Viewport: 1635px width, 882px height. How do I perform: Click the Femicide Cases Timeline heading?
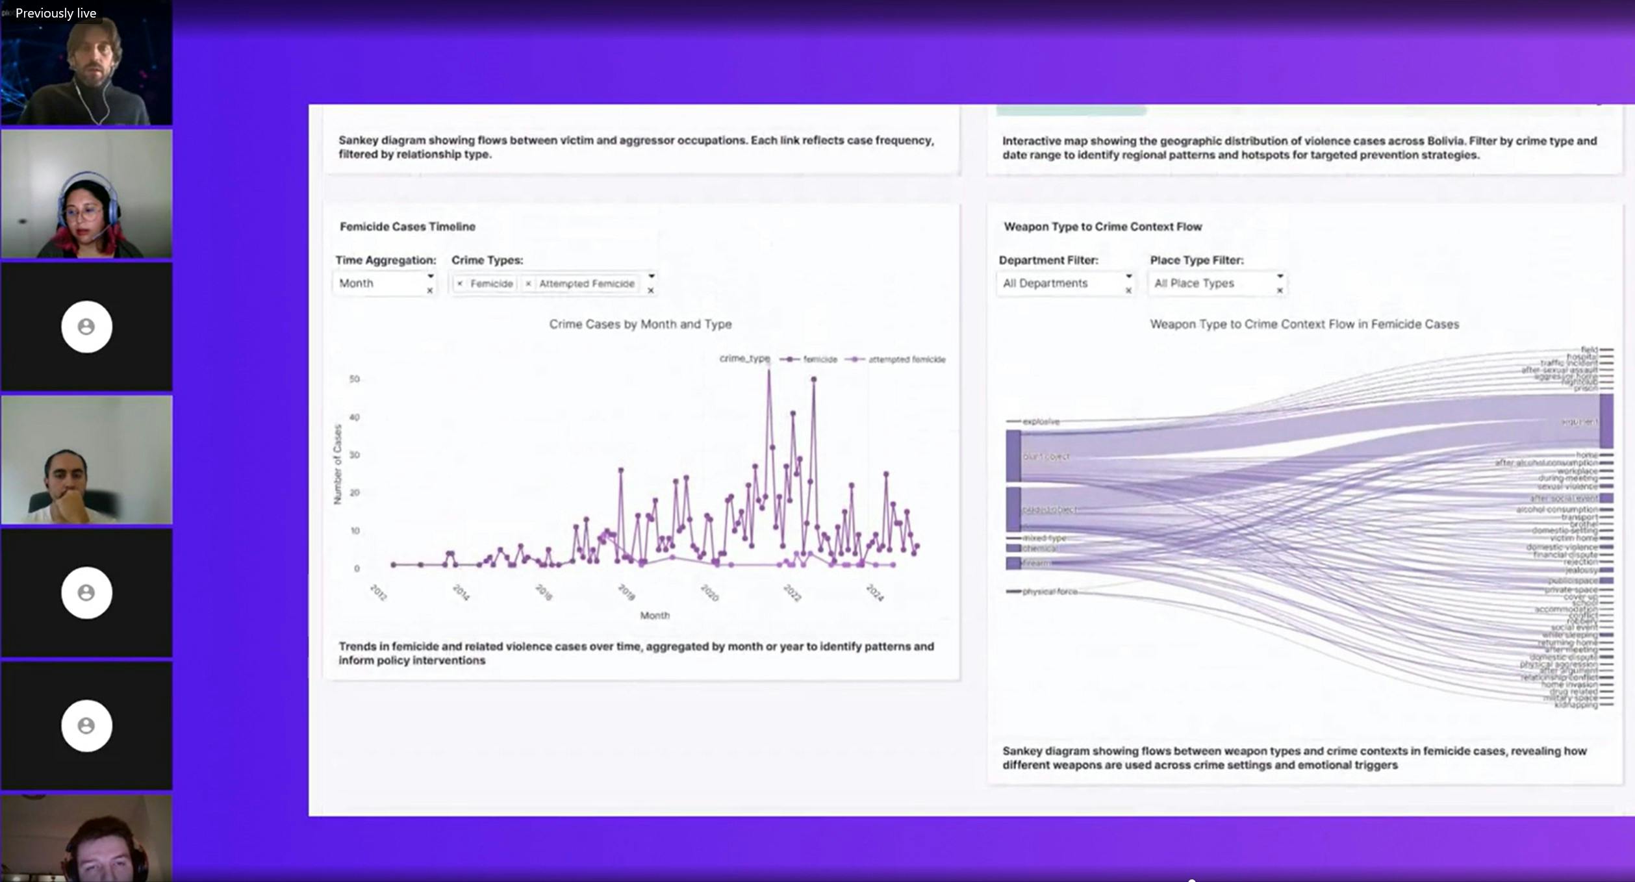coord(407,227)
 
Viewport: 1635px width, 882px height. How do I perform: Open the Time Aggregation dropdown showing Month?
coord(383,284)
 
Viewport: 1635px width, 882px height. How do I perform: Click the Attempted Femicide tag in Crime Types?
coord(586,284)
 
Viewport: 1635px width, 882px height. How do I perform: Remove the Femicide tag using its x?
coord(460,284)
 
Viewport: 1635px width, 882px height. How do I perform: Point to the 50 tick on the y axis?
coord(354,379)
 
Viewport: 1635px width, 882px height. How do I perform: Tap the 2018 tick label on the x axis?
coord(626,592)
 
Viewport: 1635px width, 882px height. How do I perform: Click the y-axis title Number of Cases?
coord(337,464)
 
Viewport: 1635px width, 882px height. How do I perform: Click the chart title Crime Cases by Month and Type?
coord(640,324)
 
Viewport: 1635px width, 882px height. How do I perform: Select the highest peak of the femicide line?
coord(769,369)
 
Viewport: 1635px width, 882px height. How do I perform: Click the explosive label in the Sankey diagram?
coord(1041,422)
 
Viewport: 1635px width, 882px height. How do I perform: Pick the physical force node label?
coord(1049,592)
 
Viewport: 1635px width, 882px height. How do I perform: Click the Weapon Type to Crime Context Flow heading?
coord(1102,227)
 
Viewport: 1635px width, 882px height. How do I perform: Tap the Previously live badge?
coord(56,13)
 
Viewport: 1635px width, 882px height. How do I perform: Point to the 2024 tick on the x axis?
coord(875,592)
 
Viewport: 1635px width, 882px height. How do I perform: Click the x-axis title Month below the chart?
coord(654,615)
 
